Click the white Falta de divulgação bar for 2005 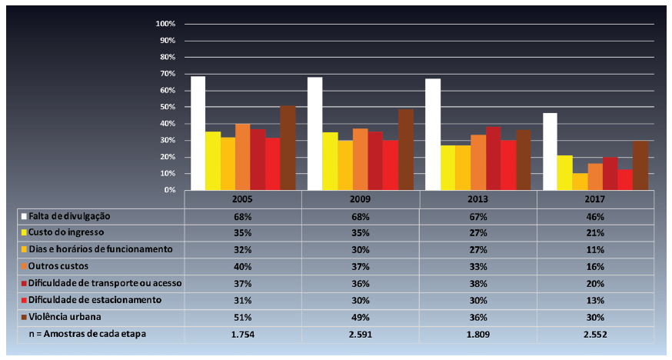[x=198, y=133]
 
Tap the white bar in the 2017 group [x=550, y=152]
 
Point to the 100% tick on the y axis [x=167, y=24]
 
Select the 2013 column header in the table [x=477, y=199]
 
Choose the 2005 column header [x=243, y=199]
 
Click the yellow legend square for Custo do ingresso [x=24, y=232]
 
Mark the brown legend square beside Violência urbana [x=24, y=318]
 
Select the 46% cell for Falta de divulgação [x=595, y=216]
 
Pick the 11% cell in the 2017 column [x=595, y=249]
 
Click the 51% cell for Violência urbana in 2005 [x=243, y=318]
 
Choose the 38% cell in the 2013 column [x=477, y=283]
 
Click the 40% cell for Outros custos [x=243, y=266]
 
